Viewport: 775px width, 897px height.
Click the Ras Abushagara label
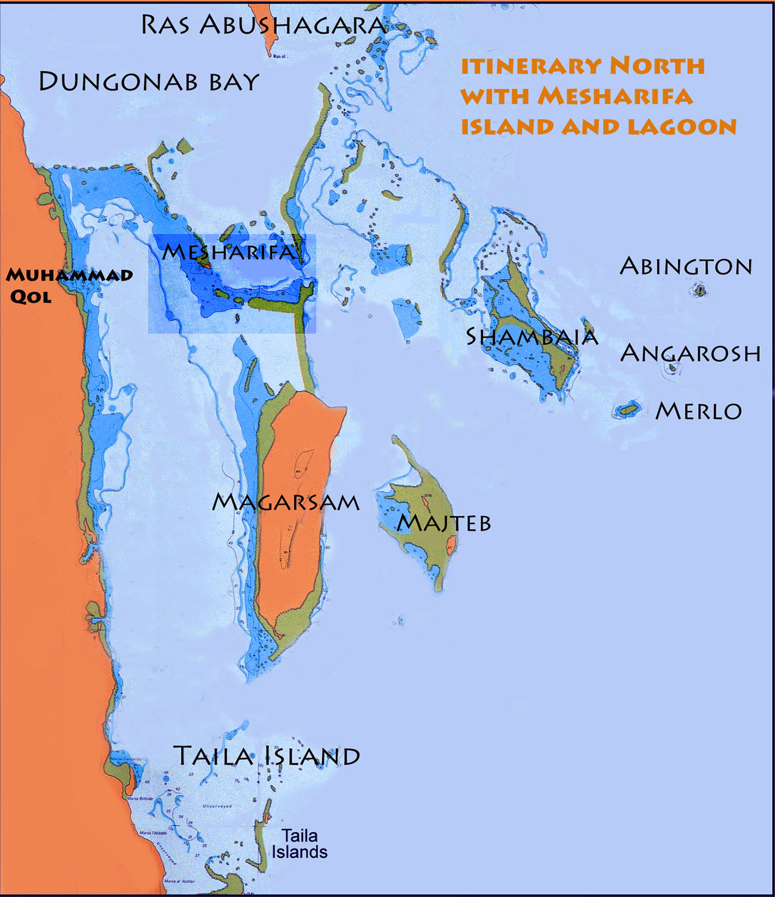[263, 25]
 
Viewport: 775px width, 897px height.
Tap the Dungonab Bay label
[149, 82]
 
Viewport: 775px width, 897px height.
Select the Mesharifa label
[229, 252]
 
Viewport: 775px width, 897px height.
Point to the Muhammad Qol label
[69, 285]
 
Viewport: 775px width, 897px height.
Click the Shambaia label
[532, 337]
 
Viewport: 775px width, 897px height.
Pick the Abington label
[685, 266]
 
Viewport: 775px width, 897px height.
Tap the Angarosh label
[690, 353]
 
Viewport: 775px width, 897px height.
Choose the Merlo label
[699, 412]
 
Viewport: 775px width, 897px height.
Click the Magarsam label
[286, 502]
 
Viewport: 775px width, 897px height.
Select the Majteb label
[444, 523]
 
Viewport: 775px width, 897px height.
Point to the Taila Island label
[266, 756]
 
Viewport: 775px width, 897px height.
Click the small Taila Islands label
[300, 844]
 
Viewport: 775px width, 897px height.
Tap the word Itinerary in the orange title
[531, 65]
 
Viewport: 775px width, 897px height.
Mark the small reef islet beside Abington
[700, 291]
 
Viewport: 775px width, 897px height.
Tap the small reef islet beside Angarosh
[672, 367]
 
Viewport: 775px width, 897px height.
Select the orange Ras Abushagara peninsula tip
[266, 30]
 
